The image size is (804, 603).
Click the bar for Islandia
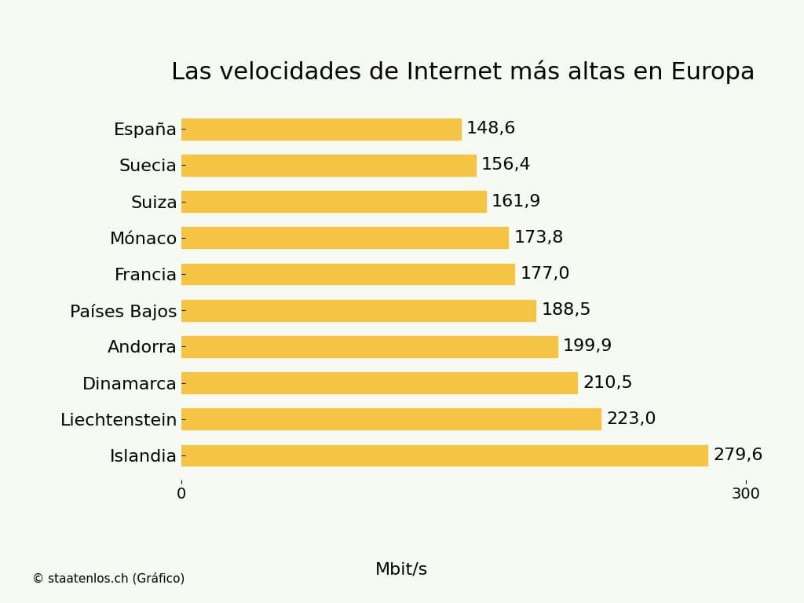444,455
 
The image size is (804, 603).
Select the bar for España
321,129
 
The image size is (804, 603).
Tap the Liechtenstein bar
391,419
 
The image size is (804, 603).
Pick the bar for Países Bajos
359,311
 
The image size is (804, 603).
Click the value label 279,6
737,455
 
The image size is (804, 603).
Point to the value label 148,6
491,129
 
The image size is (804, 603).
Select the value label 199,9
587,346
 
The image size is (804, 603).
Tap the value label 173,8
539,238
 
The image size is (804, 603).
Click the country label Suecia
148,166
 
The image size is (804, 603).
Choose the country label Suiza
154,203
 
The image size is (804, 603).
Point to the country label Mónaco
143,239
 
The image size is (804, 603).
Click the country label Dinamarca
130,384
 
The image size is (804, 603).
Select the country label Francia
145,275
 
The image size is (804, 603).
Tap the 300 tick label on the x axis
745,494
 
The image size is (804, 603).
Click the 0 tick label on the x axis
181,494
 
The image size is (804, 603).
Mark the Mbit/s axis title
401,569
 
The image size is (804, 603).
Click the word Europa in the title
712,71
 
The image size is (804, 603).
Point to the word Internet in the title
453,71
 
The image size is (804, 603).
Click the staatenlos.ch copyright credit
108,579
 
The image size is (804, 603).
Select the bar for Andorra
369,347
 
